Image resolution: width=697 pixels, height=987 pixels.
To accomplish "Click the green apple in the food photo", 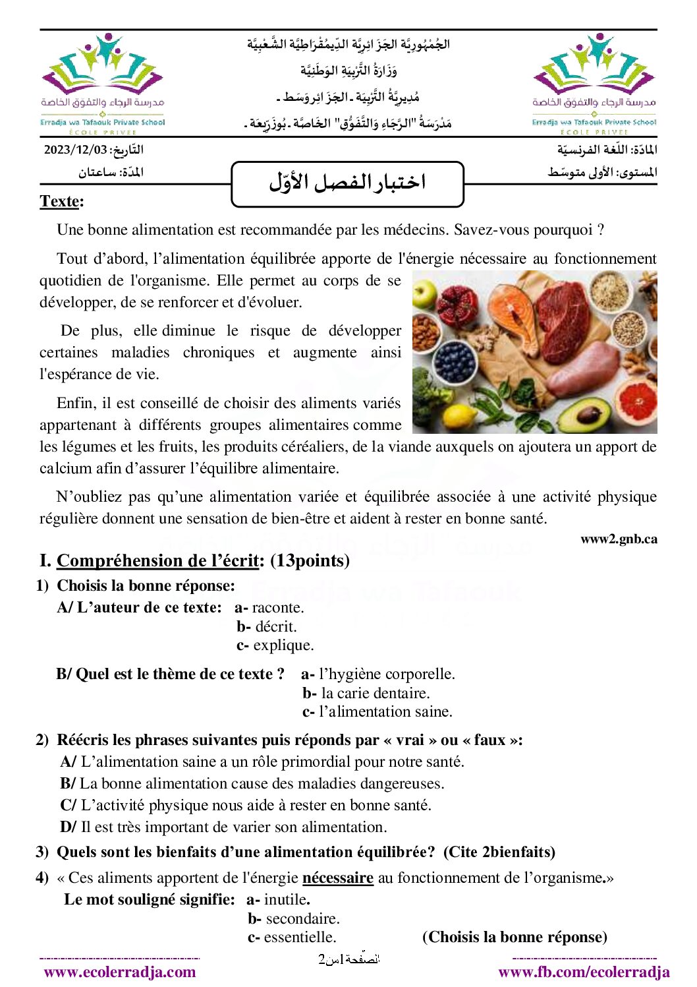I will [426, 291].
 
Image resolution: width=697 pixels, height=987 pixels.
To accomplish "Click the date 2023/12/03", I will [74, 150].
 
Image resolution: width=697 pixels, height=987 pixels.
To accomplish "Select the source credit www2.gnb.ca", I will [619, 539].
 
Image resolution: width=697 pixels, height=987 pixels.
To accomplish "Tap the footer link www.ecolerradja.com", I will [120, 972].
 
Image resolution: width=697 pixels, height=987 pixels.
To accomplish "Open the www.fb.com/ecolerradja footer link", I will [584, 972].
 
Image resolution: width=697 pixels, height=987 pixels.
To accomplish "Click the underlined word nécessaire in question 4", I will [337, 878].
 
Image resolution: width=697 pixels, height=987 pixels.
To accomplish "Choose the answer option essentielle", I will [300, 937].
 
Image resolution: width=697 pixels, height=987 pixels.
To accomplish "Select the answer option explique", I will [283, 645].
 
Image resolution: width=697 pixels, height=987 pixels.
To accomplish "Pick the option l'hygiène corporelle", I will [386, 674].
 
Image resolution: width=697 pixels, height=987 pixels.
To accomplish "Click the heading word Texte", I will [59, 201].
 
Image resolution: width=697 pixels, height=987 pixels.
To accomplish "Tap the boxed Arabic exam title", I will [347, 183].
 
